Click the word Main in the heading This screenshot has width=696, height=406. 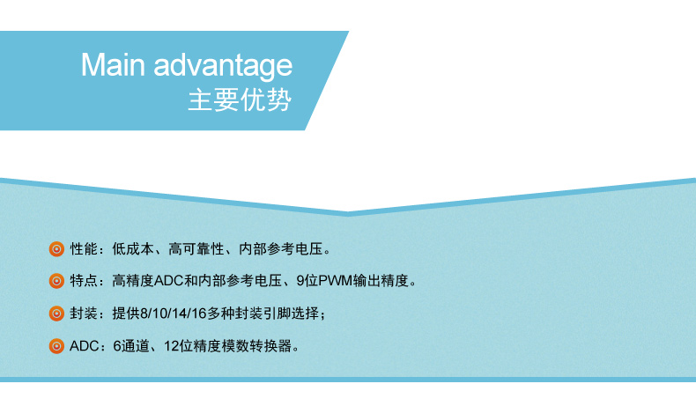click(x=113, y=65)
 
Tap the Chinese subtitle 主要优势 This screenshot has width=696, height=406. click(x=240, y=100)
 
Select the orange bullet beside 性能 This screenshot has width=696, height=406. click(x=56, y=249)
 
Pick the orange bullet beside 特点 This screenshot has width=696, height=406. click(x=56, y=281)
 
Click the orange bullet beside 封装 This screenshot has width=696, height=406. click(x=56, y=314)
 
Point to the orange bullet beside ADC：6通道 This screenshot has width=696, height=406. click(x=56, y=346)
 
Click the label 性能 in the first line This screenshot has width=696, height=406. click(x=84, y=249)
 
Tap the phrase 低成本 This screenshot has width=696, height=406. click(x=133, y=249)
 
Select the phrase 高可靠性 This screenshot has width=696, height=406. click(x=196, y=249)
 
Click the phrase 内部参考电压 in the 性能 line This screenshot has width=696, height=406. click(x=281, y=249)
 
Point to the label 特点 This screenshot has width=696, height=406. click(x=84, y=281)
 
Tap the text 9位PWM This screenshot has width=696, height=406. click(x=324, y=281)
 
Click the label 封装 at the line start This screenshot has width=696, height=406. click(x=84, y=314)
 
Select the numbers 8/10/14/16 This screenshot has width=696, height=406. click(x=173, y=314)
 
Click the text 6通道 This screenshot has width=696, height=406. click(x=131, y=345)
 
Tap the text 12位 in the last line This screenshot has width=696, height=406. click(x=179, y=345)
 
